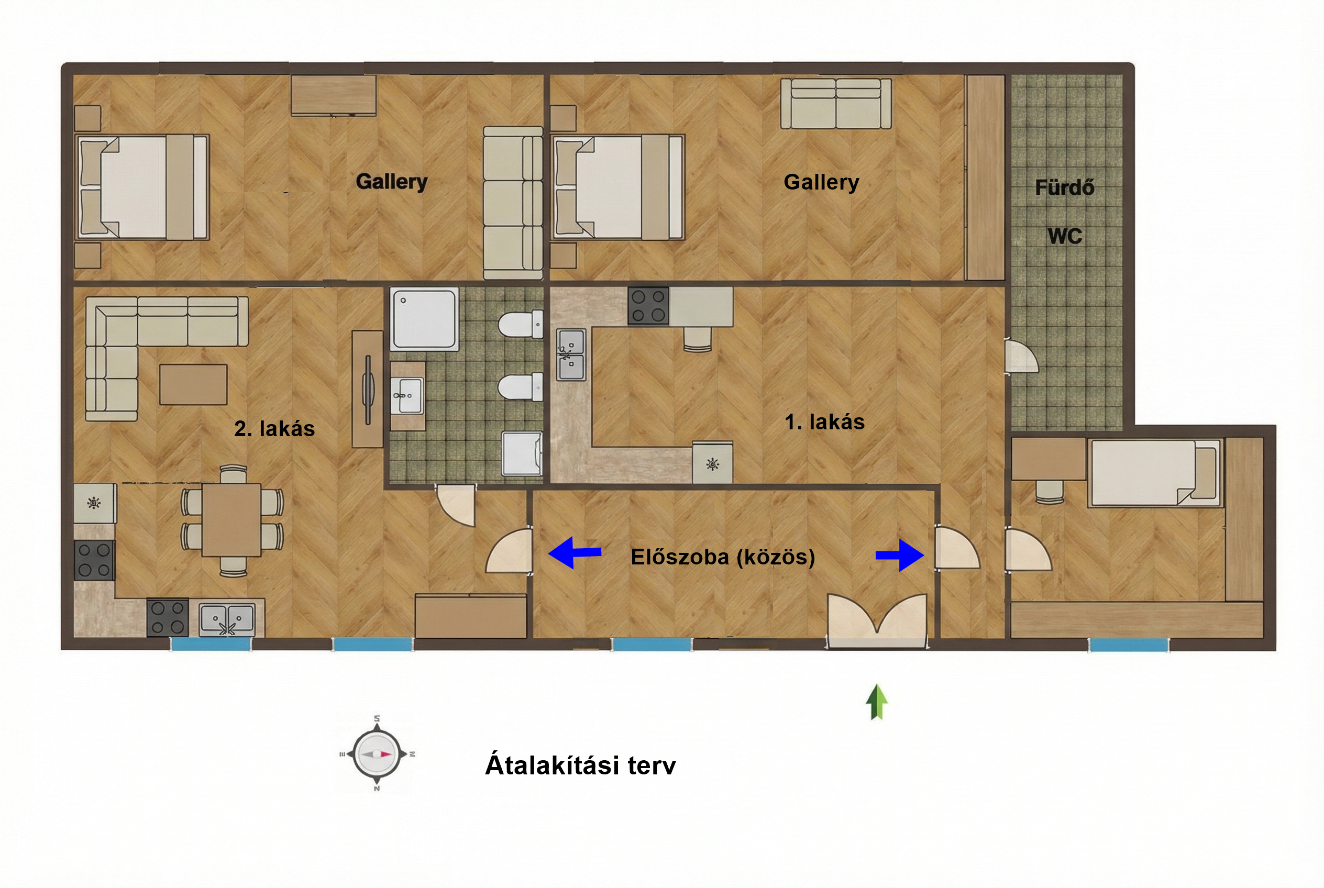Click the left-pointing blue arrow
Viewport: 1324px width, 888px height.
click(x=575, y=552)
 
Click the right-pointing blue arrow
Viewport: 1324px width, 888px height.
click(x=900, y=556)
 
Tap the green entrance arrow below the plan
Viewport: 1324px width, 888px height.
click(x=876, y=702)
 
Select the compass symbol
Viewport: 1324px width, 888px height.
click(x=377, y=754)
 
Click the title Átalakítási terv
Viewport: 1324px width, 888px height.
click(x=581, y=765)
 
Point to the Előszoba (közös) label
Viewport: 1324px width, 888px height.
click(x=723, y=557)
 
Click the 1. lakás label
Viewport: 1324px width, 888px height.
click(x=824, y=422)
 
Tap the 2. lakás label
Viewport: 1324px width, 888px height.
click(x=274, y=429)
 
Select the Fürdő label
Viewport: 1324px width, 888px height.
click(x=1065, y=187)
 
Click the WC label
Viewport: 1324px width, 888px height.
click(x=1065, y=236)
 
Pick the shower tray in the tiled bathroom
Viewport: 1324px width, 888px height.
click(x=424, y=318)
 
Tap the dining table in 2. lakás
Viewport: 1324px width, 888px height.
click(x=231, y=519)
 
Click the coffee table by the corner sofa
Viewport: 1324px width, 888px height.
click(x=193, y=384)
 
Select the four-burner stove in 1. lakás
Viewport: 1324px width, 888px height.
click(x=648, y=306)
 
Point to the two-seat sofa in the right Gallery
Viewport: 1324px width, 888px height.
click(x=836, y=104)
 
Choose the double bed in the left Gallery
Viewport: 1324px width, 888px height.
click(x=143, y=186)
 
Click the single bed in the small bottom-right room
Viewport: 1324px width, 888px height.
click(x=1154, y=473)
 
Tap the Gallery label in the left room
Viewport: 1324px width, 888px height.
click(x=391, y=182)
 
